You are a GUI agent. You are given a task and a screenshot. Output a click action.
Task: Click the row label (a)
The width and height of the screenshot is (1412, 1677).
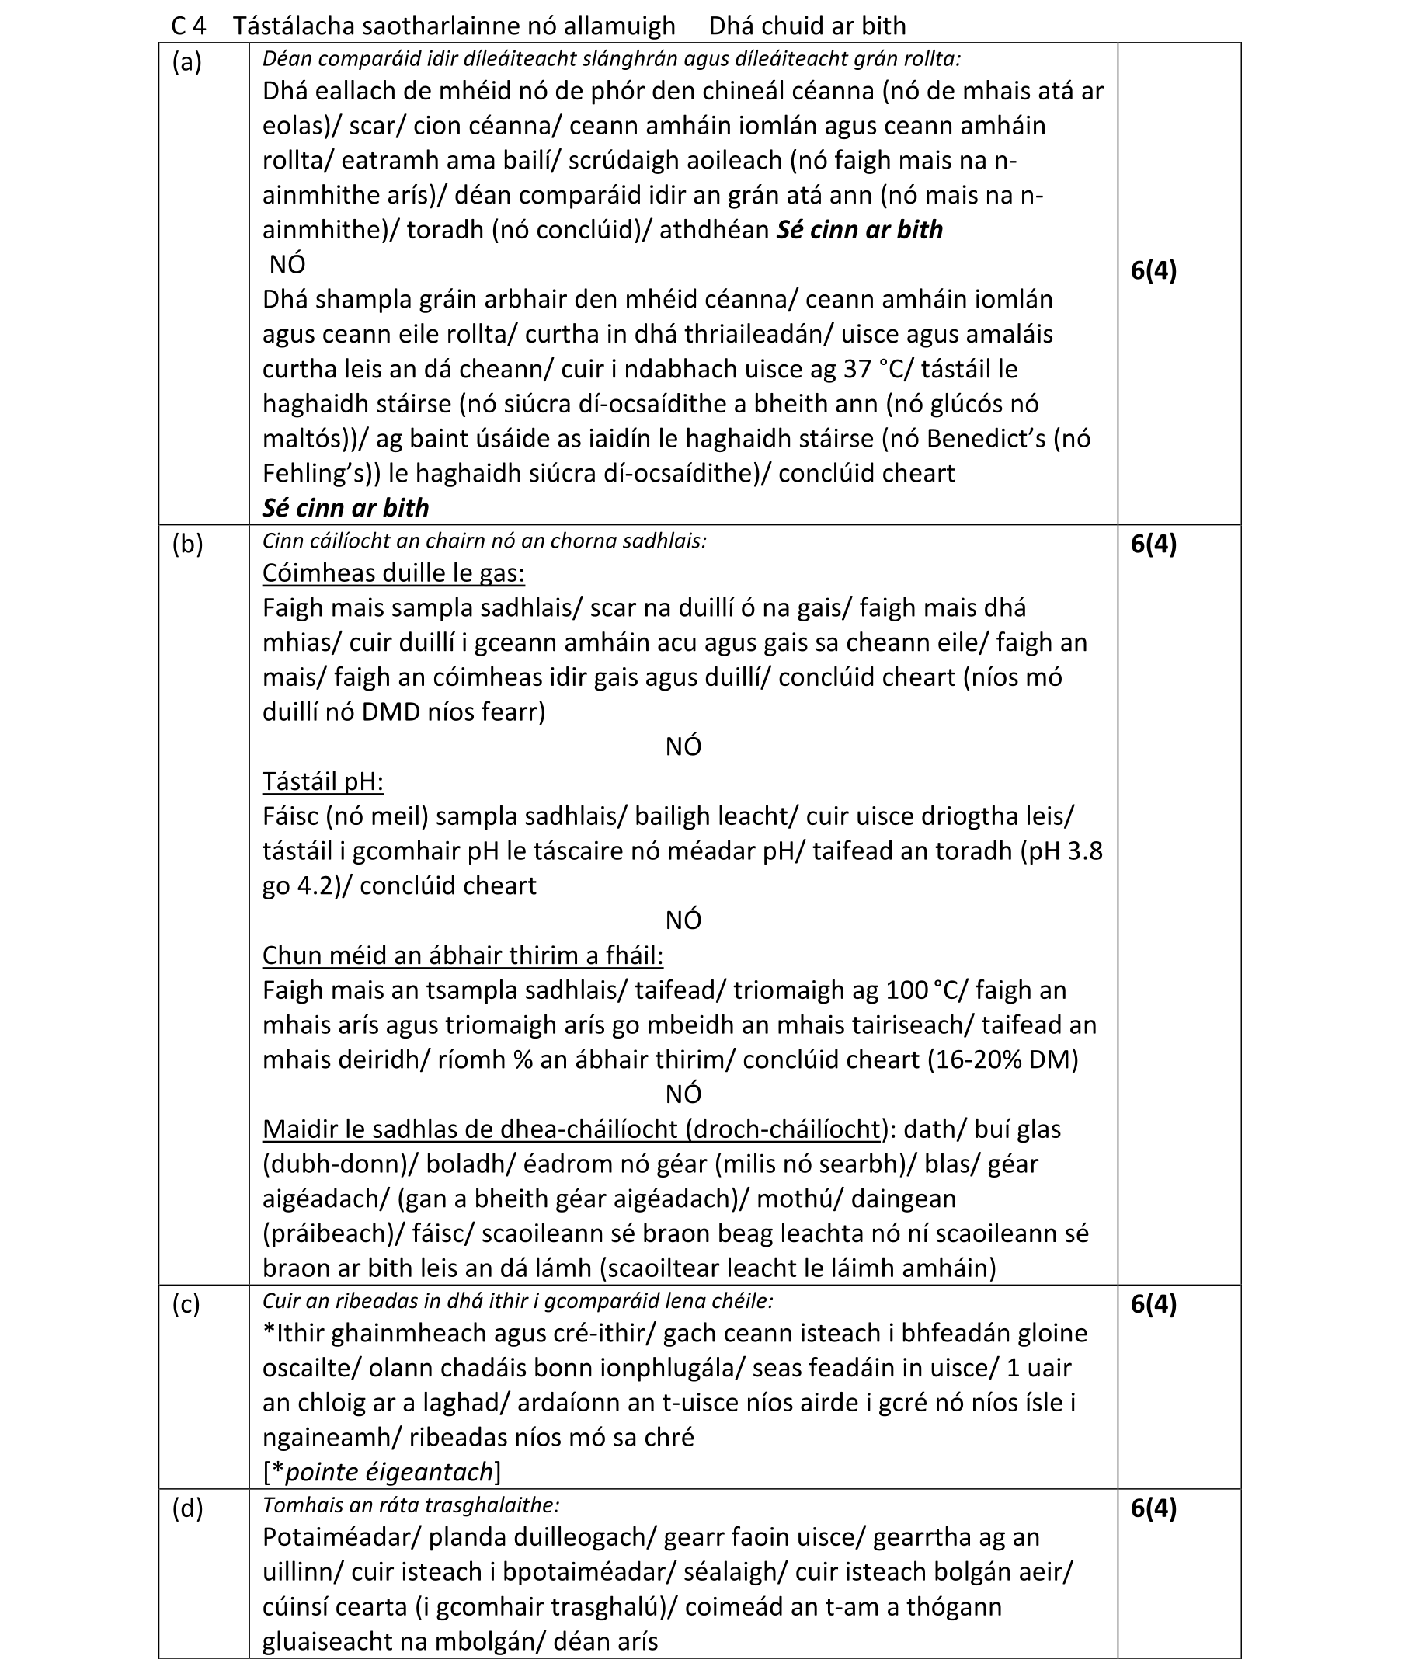(186, 62)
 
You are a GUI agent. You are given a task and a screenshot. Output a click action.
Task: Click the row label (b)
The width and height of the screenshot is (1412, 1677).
(186, 545)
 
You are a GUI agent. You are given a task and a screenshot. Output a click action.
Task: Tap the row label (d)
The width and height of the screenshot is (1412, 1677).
(186, 1508)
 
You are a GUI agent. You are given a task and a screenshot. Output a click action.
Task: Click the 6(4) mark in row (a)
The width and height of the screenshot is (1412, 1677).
(1153, 270)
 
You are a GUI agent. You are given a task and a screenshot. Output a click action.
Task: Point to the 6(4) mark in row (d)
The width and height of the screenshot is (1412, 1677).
(1153, 1508)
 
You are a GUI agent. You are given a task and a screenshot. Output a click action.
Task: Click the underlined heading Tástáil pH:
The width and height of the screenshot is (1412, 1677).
(322, 781)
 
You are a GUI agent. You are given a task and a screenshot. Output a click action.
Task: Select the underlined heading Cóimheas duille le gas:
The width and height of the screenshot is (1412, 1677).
(393, 573)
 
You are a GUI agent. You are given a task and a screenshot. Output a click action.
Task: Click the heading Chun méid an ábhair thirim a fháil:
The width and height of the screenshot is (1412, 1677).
(462, 955)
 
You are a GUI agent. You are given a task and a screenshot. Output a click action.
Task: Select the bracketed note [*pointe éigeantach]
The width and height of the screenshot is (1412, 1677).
(381, 1471)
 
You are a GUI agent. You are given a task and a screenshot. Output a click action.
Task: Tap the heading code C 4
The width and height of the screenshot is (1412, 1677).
(188, 26)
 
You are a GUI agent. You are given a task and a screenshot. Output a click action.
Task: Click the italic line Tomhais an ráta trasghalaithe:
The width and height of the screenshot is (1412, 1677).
(411, 1505)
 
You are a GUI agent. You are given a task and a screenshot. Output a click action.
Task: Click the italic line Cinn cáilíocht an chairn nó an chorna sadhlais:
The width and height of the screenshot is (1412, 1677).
(485, 541)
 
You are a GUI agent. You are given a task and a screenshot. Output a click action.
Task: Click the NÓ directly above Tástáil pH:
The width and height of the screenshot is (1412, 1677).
(683, 747)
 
